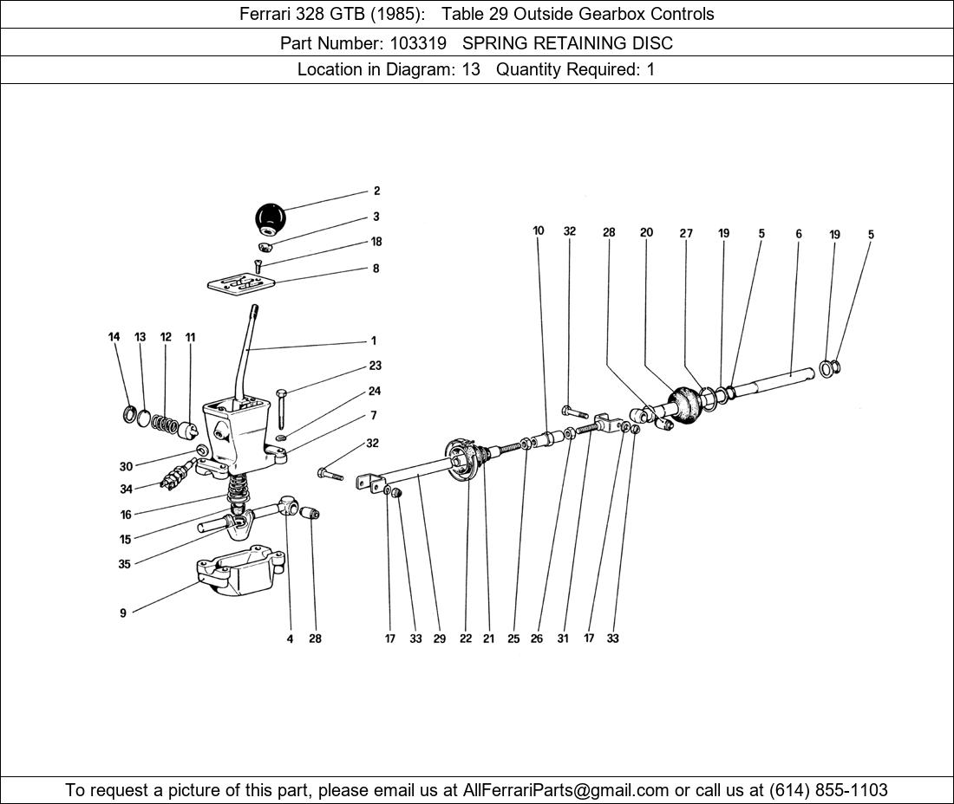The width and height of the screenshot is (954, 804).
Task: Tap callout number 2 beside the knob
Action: pos(376,191)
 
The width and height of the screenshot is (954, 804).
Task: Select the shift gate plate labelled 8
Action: pos(242,282)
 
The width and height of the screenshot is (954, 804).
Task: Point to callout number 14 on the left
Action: pos(114,337)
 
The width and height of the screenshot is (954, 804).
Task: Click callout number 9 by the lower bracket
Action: pos(123,613)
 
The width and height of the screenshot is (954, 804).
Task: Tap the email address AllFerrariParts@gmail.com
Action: pos(566,790)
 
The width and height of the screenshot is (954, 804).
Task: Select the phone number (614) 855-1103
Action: pos(828,790)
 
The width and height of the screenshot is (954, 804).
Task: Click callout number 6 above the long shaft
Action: pos(798,234)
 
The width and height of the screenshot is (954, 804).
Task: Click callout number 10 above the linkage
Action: pos(539,231)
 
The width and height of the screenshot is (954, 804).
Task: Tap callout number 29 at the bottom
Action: pos(440,639)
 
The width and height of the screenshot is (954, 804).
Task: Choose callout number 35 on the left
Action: pos(125,565)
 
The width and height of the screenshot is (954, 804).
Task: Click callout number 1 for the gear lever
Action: pos(374,341)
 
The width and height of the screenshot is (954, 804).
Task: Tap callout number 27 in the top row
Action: pos(686,233)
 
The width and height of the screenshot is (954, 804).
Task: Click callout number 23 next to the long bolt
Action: pos(375,366)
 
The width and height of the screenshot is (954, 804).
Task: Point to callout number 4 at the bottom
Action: pos(290,639)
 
